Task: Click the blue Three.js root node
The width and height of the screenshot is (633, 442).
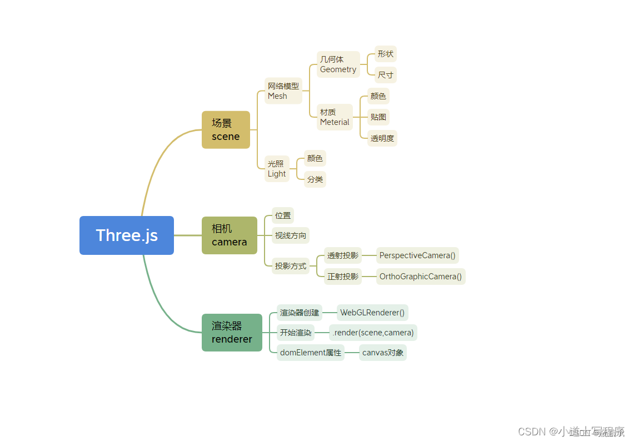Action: pyautogui.click(x=127, y=235)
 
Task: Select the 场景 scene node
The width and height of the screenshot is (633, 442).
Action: pyautogui.click(x=226, y=130)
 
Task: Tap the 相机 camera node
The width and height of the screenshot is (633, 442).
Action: pyautogui.click(x=229, y=235)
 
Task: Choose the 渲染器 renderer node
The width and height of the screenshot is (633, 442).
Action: pyautogui.click(x=232, y=333)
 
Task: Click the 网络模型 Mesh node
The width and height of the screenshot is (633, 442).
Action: pyautogui.click(x=283, y=91)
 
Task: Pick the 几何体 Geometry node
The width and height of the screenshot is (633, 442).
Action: pyautogui.click(x=338, y=64)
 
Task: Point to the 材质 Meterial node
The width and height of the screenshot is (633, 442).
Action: pyautogui.click(x=335, y=117)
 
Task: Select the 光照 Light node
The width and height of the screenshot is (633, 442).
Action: pyautogui.click(x=277, y=169)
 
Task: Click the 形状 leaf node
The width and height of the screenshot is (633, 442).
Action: pyautogui.click(x=385, y=54)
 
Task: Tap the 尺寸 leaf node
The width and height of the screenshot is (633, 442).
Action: pyautogui.click(x=385, y=75)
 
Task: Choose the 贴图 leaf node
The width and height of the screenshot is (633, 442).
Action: pyautogui.click(x=378, y=117)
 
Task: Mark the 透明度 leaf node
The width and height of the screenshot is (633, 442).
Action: pyautogui.click(x=382, y=138)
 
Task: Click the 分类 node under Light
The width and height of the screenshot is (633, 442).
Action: pyautogui.click(x=315, y=179)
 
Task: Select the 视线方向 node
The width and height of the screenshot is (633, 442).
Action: pyautogui.click(x=291, y=235)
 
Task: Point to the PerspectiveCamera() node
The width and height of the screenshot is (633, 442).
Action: pyautogui.click(x=417, y=255)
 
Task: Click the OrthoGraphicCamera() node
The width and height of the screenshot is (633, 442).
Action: pyautogui.click(x=421, y=277)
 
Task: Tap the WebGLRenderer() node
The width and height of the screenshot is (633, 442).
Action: pyautogui.click(x=372, y=313)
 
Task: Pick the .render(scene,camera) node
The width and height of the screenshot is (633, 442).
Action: pyautogui.click(x=373, y=333)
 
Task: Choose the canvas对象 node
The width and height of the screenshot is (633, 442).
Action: pyautogui.click(x=383, y=353)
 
